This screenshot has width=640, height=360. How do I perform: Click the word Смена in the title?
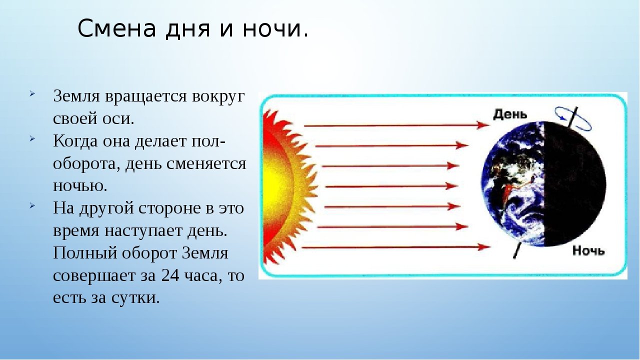117,28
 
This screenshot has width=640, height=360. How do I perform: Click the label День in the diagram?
510,114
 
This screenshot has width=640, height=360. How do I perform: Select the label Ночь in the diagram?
588,251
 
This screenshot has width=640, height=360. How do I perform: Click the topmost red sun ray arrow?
396,125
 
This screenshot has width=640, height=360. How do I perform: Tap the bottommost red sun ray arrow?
396,247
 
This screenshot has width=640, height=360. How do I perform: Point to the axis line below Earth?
516,250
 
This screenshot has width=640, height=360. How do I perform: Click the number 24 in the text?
170,275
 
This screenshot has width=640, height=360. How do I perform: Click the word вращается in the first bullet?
146,96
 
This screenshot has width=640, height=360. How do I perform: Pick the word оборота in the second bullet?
87,164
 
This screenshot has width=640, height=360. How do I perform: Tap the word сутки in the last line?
135,298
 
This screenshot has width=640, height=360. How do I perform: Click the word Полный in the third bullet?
85,253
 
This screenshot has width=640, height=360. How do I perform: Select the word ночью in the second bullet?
80,186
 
